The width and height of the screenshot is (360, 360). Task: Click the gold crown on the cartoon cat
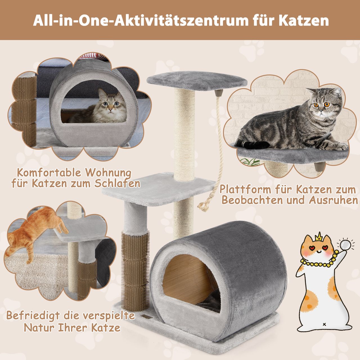point(318,237)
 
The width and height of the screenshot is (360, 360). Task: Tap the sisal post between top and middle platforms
point(185,132)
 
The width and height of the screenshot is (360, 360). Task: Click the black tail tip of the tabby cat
point(255,145)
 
